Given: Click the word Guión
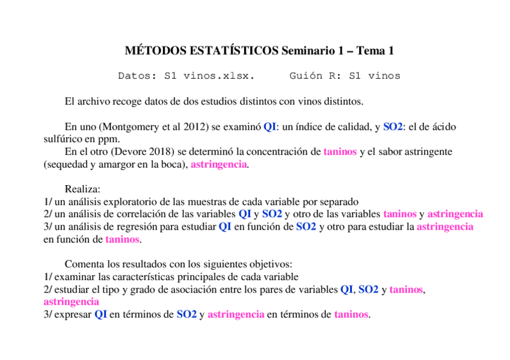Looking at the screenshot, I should tap(308, 76).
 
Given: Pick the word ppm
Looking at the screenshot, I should tap(105, 139).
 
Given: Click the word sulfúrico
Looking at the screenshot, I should tap(63, 139).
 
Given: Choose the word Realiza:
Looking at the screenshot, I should tap(82, 189).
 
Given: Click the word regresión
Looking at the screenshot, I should tap(127, 227).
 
